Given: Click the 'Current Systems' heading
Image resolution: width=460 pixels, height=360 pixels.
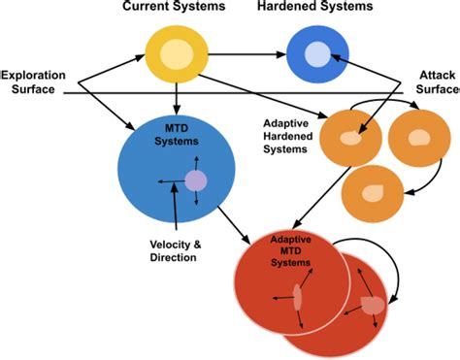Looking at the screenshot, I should click(x=176, y=8).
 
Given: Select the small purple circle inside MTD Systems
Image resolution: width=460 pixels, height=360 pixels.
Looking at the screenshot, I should click(x=195, y=180).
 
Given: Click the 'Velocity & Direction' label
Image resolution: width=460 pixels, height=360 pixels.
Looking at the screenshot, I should click(x=175, y=250).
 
